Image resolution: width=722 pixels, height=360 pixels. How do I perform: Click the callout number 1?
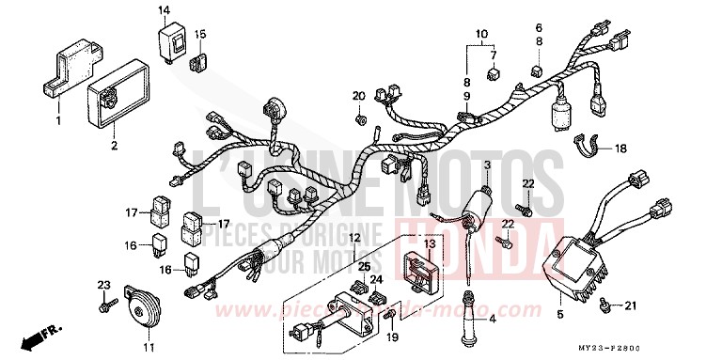57,120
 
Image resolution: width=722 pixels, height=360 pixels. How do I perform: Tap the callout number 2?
114,146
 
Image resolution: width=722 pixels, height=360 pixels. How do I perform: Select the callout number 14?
164,10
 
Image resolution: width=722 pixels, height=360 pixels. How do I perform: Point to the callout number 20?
358,96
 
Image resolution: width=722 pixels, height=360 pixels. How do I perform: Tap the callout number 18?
621,149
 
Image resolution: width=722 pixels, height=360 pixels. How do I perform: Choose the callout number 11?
148,349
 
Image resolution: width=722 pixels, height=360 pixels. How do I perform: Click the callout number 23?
102,284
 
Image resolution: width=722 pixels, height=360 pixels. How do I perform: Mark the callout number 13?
430,243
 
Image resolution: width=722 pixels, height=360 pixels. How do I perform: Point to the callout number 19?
394,337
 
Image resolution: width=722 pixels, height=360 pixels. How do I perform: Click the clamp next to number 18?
589,145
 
